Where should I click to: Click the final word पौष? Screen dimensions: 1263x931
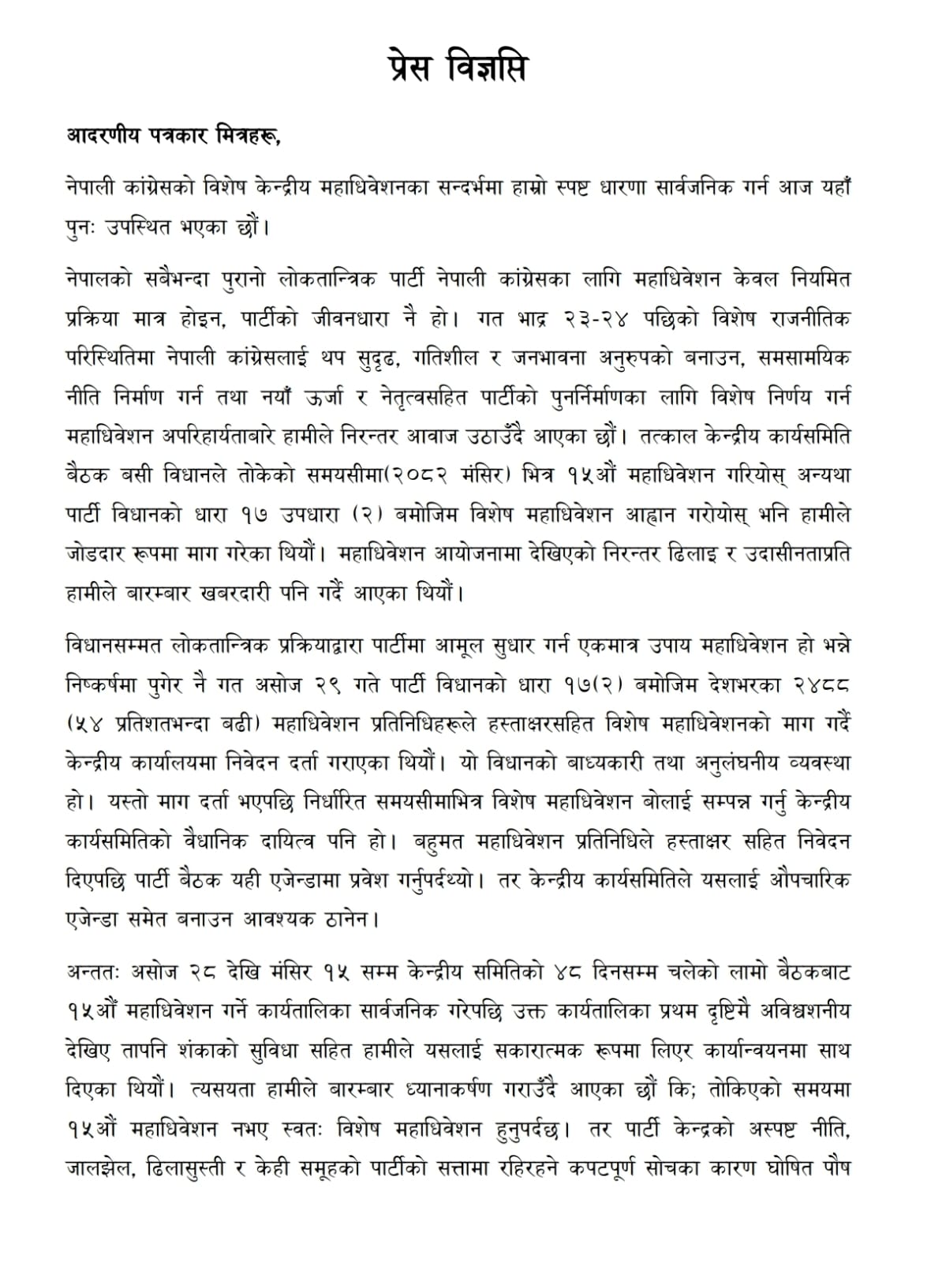[x=834, y=1167]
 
